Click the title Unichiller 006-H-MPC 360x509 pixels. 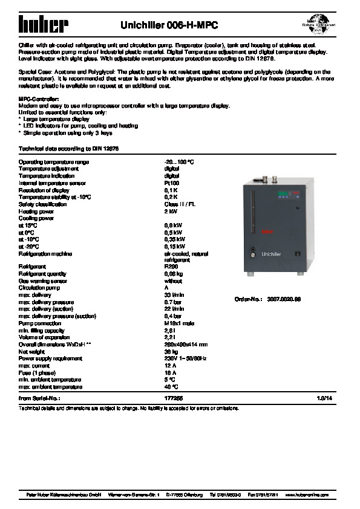169,25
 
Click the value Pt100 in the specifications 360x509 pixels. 171,183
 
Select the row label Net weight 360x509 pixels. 31,351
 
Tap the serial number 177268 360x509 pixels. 174,398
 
